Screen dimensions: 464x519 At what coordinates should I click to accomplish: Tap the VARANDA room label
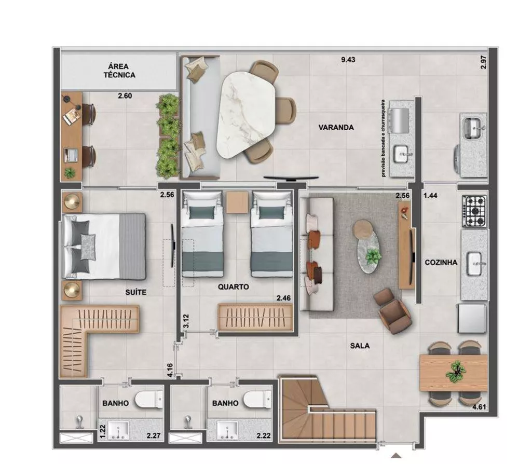click(x=336, y=127)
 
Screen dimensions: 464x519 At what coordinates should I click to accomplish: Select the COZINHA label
click(x=441, y=263)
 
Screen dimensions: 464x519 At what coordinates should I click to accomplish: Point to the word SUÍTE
click(x=136, y=293)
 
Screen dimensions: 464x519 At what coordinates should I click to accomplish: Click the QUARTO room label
click(x=233, y=286)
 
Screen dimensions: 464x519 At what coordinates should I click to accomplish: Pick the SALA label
click(x=360, y=345)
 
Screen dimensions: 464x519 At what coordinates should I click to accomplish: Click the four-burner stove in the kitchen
click(x=474, y=211)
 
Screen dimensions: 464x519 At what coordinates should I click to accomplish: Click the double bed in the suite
click(x=104, y=246)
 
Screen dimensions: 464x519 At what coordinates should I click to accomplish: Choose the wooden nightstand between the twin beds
click(x=237, y=202)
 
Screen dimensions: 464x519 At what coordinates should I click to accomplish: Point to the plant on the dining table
click(x=456, y=371)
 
